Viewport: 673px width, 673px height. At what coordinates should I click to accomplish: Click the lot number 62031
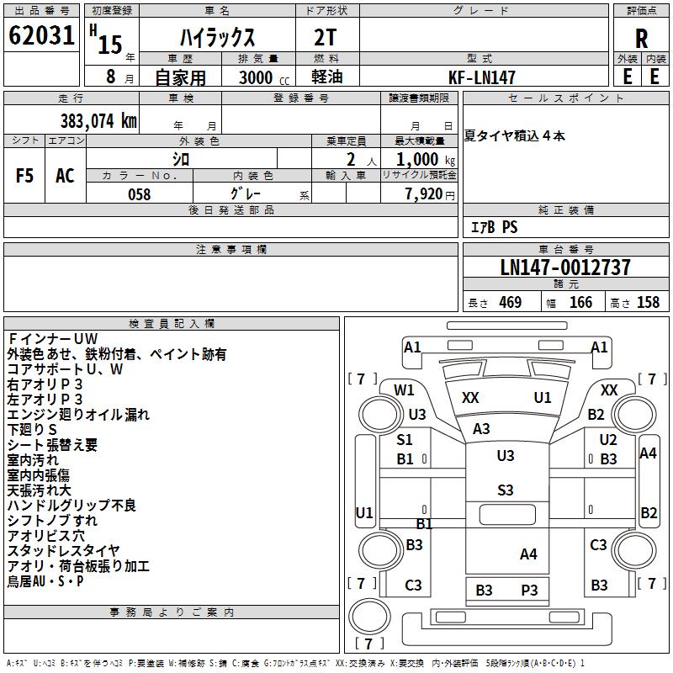coord(41,35)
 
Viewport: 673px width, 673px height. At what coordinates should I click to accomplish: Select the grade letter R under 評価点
coord(641,39)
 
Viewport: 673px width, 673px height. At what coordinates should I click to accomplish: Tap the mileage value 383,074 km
coord(98,121)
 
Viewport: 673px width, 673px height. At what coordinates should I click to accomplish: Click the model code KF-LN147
coord(481,77)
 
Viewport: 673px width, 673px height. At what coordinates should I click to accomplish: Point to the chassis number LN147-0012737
coord(565,268)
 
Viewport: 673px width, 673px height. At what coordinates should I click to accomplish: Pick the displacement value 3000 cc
coord(264,77)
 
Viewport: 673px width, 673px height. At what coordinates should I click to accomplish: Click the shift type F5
coord(24,176)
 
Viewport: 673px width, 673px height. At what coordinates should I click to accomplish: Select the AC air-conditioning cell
coord(65,176)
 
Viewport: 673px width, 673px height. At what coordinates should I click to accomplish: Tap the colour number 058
coord(140,194)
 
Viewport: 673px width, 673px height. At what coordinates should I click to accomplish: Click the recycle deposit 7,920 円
coord(430,194)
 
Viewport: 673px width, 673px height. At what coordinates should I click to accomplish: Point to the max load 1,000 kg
coord(426,160)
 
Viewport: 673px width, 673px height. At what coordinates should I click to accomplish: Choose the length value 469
coord(511,302)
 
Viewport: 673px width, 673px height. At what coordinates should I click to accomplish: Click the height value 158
coord(648,302)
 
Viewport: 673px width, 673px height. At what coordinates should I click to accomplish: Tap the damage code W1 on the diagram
coord(404,389)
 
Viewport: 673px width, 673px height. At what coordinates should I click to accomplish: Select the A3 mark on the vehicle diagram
coord(481,428)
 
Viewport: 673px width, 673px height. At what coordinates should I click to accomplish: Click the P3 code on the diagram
coord(529,591)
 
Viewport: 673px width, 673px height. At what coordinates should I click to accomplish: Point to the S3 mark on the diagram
coord(506,490)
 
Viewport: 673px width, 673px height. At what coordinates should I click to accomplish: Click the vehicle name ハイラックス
coord(217,38)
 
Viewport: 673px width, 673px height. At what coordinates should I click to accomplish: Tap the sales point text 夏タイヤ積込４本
coord(514,136)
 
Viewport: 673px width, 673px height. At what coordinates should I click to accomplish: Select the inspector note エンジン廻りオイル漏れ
coord(78,414)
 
